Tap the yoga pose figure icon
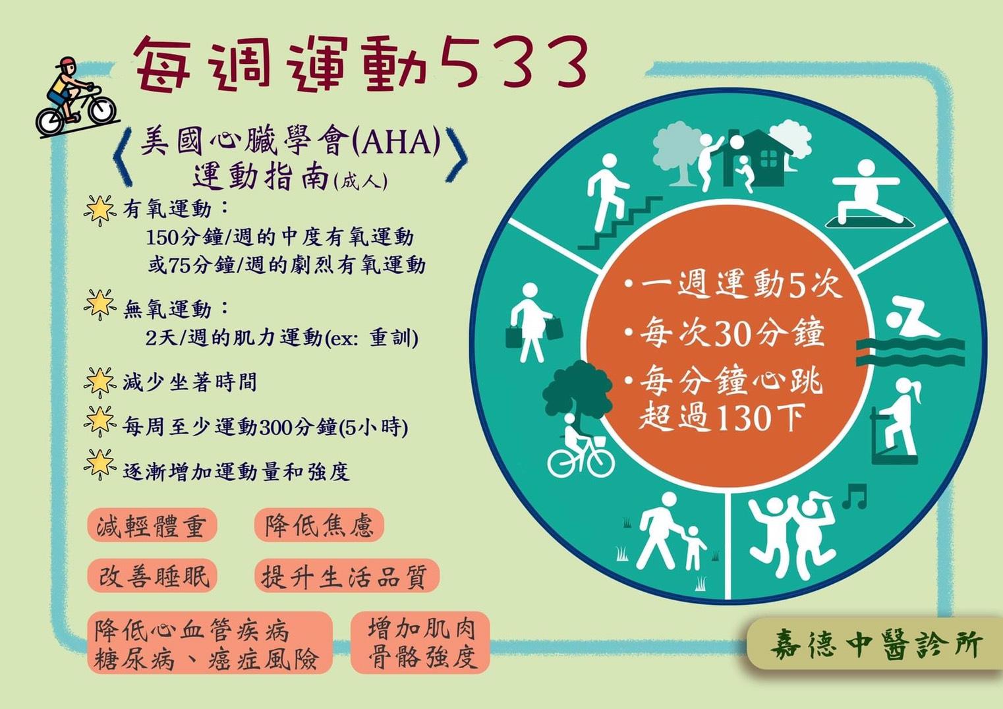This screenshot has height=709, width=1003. (866, 193)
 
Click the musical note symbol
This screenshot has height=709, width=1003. (854, 496)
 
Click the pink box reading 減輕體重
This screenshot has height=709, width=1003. (152, 525)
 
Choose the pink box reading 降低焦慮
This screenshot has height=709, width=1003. (319, 525)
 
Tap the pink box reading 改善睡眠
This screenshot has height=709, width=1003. (152, 576)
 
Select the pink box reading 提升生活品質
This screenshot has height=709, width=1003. (347, 576)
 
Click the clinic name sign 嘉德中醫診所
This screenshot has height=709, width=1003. (876, 644)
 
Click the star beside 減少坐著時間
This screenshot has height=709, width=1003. (100, 382)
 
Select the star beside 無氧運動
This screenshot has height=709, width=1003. (100, 304)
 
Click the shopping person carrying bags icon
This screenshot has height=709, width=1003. (533, 322)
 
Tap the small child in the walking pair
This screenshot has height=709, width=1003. (693, 548)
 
